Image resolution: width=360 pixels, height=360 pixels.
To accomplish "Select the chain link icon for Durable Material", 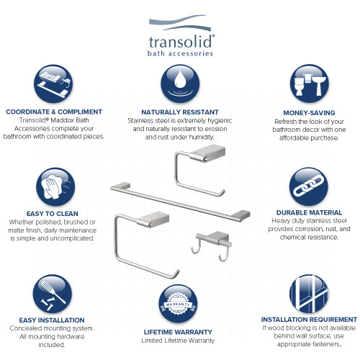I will coord(310,189).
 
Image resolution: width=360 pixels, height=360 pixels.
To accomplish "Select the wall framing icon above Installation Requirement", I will coord(310,294).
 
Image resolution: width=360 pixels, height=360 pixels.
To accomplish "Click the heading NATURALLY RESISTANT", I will coord(180,112).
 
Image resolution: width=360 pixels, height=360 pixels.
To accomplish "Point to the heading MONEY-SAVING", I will coord(310,112).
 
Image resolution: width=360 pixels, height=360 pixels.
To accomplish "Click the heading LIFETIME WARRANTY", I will coord(180,332).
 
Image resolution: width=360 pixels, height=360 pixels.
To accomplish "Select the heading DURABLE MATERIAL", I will coord(310,213).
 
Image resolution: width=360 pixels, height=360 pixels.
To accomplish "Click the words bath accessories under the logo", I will coord(179,54).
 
